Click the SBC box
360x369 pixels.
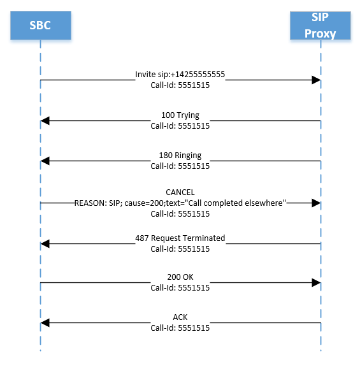click(40, 25)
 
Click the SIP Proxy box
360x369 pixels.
click(320, 25)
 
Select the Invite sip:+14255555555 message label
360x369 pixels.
click(180, 75)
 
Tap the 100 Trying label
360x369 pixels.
click(180, 115)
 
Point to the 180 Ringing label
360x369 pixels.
click(180, 156)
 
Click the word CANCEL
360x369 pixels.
click(180, 192)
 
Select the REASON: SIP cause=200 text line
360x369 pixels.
click(180, 202)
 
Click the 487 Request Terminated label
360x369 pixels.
click(180, 238)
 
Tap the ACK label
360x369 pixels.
click(180, 317)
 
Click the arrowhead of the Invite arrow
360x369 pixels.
click(316, 80)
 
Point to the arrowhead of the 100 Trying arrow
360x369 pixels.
click(45, 120)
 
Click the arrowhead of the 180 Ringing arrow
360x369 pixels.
click(45, 161)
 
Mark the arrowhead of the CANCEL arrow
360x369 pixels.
click(316, 202)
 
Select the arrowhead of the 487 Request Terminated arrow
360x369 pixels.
click(45, 243)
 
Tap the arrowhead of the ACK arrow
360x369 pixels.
click(45, 324)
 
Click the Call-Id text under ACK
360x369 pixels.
click(180, 329)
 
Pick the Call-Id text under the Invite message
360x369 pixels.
click(180, 85)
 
